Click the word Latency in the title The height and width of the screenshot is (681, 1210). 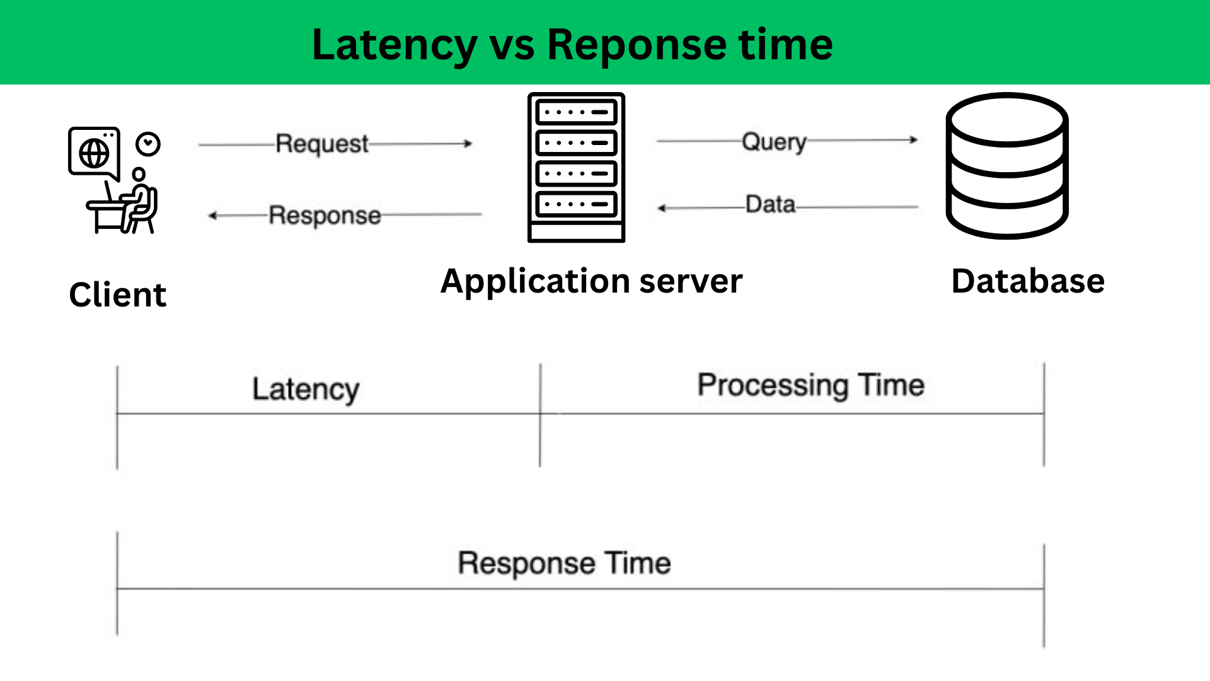[395, 45]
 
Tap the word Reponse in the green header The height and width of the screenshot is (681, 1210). [637, 45]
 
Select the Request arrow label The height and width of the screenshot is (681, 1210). [322, 144]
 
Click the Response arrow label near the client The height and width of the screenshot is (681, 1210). [325, 216]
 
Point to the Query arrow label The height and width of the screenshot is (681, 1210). [774, 142]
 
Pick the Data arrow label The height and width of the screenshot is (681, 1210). [770, 205]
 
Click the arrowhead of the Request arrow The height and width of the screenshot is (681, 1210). [468, 144]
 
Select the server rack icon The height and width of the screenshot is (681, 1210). [576, 168]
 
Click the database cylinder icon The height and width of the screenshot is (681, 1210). [1006, 166]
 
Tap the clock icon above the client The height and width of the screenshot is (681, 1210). [148, 144]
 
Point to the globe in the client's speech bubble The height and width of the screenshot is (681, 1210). [94, 153]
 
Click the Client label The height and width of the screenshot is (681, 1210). [118, 295]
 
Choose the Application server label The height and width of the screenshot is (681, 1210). [591, 281]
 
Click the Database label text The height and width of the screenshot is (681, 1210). [1027, 281]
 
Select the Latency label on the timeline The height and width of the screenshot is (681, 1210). [306, 389]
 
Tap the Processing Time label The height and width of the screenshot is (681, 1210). [810, 385]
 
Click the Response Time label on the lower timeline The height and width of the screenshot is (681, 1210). [564, 563]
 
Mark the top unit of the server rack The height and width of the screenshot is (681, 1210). [576, 112]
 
